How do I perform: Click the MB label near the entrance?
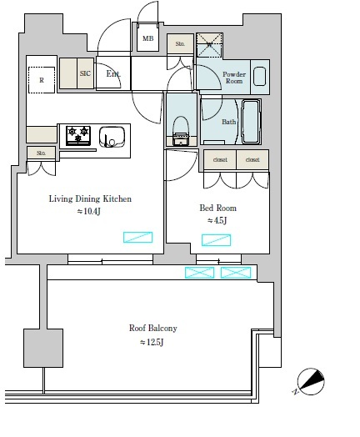[x=147, y=38]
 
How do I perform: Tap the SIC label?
[x=85, y=73]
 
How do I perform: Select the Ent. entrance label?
[x=113, y=74]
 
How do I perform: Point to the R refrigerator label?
[x=42, y=81]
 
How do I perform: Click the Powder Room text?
[x=232, y=78]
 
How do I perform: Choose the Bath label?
[x=228, y=123]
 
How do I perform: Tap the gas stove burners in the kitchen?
[x=79, y=133]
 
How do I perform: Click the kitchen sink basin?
[x=112, y=135]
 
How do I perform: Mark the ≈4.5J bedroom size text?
[x=217, y=221]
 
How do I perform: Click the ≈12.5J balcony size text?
[x=152, y=342]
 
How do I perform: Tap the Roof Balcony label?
[x=152, y=328]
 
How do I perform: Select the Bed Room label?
[x=217, y=207]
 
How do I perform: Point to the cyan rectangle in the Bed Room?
[x=217, y=240]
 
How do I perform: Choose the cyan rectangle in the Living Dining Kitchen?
[x=137, y=237]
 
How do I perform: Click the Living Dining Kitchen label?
[x=90, y=199]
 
